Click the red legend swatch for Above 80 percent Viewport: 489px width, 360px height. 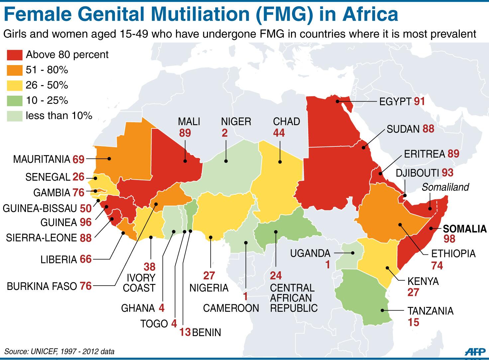coord(15,55)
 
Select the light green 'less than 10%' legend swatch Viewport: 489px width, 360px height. coord(15,116)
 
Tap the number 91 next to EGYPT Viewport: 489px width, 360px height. coord(419,101)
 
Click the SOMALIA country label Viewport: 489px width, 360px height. coord(465,228)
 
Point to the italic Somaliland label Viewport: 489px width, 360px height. coord(445,187)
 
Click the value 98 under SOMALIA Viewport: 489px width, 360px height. coord(449,239)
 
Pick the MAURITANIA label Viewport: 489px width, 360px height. coord(41,159)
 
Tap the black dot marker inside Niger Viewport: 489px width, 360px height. coord(226,161)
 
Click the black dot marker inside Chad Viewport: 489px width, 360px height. coord(280,162)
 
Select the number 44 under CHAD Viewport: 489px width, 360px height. coord(279,133)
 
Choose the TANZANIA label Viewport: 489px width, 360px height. coord(430,311)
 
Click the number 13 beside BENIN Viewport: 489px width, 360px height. coord(185,332)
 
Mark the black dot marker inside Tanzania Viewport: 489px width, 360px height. coord(383,311)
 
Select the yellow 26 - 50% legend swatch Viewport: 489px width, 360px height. coord(15,85)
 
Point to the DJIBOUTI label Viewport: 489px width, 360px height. coord(417,173)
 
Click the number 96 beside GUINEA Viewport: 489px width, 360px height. coord(85,222)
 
